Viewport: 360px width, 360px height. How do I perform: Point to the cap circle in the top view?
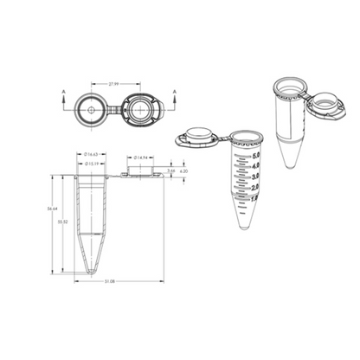[139, 111]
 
